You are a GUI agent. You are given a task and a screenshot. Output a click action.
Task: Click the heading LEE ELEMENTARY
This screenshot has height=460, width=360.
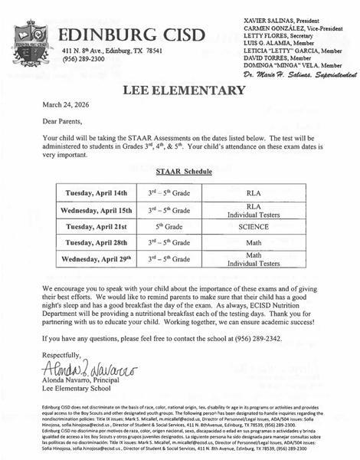(x=179, y=91)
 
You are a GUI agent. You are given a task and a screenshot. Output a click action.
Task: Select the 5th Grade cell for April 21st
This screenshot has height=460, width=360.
(x=171, y=228)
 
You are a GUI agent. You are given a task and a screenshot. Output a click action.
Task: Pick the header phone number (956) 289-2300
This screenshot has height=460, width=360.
(x=87, y=58)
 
